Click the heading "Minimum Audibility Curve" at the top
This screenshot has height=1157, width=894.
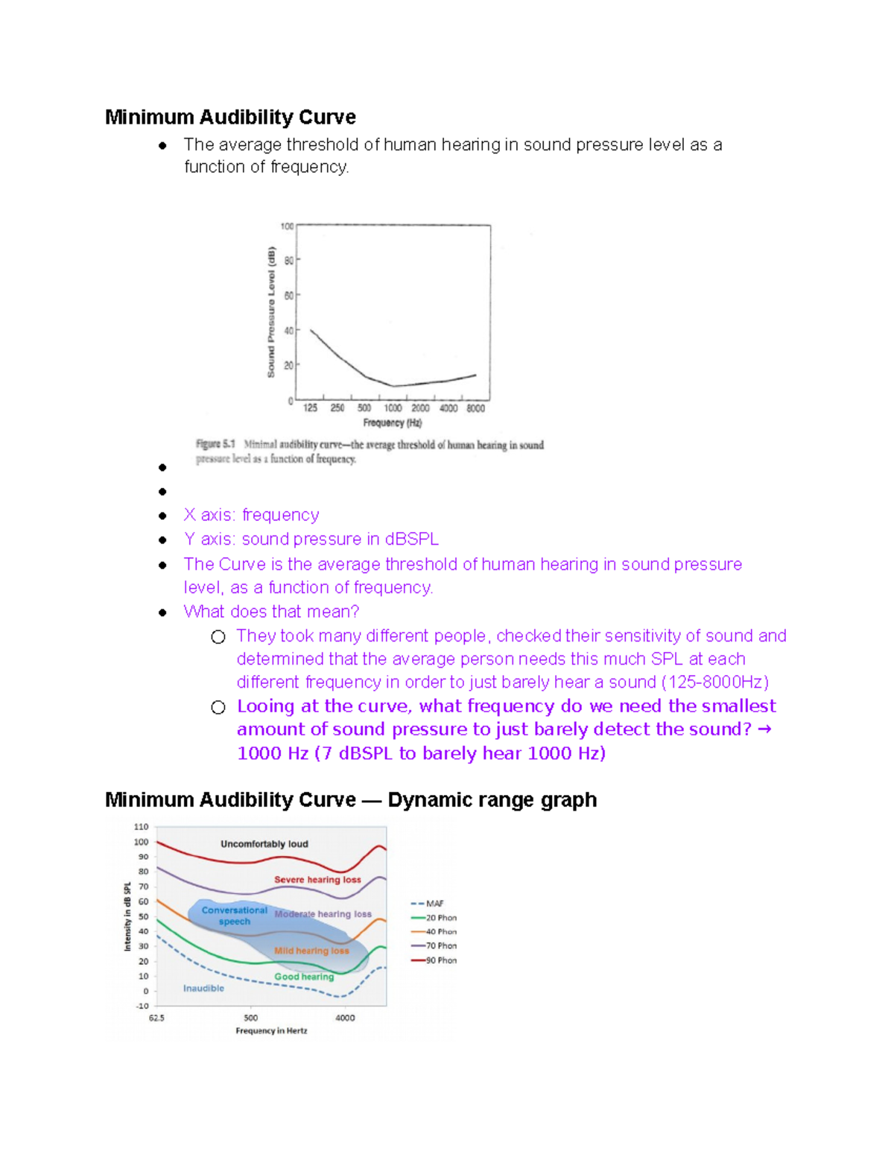(230, 118)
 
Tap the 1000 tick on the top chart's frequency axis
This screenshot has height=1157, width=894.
(393, 408)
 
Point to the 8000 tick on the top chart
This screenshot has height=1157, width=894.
(475, 408)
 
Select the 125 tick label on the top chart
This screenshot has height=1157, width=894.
(310, 408)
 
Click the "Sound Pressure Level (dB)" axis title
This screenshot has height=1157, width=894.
(271, 311)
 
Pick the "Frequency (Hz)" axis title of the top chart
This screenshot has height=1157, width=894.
(392, 423)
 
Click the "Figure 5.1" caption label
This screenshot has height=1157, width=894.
(215, 444)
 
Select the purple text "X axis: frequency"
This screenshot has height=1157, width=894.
(251, 515)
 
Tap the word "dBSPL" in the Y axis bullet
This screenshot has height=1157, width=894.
(412, 539)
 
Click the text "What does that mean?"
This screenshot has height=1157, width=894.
(271, 612)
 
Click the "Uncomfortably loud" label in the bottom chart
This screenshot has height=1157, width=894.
(264, 844)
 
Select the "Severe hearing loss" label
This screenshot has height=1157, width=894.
(317, 880)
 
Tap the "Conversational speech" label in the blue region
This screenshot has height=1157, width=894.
(234, 916)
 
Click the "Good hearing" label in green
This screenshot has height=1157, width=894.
(304, 977)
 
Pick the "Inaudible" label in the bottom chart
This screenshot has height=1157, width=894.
(203, 989)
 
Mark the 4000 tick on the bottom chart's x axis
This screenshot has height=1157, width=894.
(345, 1018)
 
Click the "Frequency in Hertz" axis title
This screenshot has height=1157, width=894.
(271, 1031)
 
